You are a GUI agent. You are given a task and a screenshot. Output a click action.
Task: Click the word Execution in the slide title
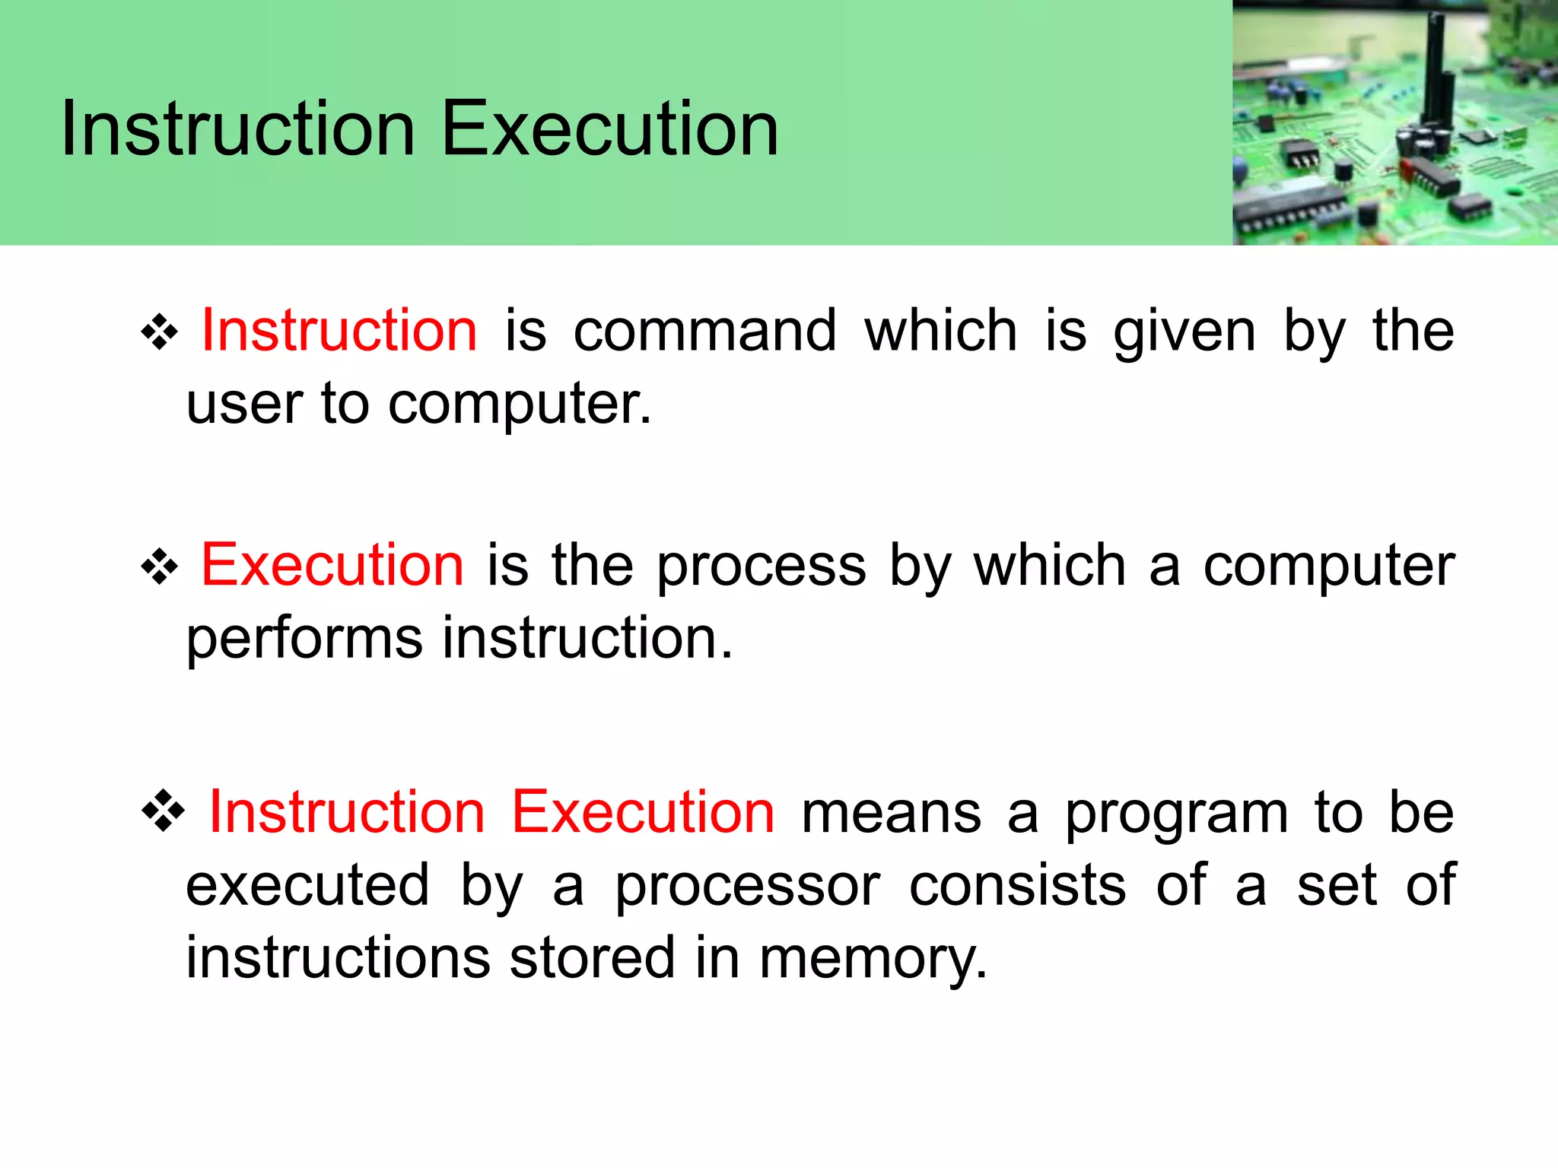(610, 129)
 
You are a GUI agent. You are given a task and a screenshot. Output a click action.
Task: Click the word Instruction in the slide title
(237, 129)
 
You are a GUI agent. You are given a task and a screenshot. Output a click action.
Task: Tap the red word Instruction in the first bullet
(339, 331)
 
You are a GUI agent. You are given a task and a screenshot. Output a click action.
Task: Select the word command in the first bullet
(704, 331)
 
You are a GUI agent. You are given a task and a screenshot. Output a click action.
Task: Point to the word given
(1184, 332)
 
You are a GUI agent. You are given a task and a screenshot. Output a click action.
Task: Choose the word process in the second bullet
(761, 567)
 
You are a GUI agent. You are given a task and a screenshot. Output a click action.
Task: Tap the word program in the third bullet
(1176, 814)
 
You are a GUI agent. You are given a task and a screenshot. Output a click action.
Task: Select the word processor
(747, 886)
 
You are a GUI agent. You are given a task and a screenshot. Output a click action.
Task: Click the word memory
(873, 958)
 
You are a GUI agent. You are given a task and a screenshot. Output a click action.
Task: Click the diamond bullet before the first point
(160, 333)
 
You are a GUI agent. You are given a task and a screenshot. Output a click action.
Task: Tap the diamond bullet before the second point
(160, 567)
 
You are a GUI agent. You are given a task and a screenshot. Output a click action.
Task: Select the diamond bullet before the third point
(163, 812)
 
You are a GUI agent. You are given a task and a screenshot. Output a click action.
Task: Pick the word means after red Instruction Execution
(891, 814)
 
